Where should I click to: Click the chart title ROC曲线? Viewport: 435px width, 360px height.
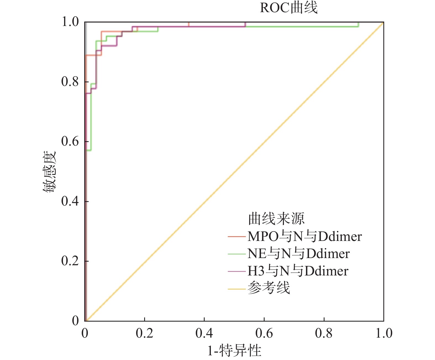[289, 8]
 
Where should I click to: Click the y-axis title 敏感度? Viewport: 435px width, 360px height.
[49, 171]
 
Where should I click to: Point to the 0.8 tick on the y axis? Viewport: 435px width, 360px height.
[70, 82]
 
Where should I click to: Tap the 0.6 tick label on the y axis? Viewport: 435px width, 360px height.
[70, 141]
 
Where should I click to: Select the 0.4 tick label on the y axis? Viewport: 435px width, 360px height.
[70, 201]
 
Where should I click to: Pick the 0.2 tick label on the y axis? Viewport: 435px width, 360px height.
[70, 261]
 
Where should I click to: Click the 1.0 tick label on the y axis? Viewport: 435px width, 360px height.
[70, 22]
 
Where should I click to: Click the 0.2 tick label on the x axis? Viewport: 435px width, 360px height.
[144, 333]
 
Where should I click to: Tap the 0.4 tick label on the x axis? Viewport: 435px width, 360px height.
[204, 333]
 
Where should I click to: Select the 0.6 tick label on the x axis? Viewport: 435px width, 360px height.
[264, 333]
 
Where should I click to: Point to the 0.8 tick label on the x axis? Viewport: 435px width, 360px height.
[324, 333]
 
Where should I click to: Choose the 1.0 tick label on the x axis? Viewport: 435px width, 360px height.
[384, 333]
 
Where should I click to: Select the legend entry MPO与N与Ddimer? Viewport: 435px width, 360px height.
[304, 237]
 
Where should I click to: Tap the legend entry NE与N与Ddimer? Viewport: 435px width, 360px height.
[298, 254]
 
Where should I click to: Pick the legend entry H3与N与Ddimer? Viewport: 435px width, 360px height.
[298, 271]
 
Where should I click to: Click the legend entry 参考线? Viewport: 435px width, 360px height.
[268, 288]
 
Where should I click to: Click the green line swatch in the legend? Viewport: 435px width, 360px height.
[237, 254]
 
